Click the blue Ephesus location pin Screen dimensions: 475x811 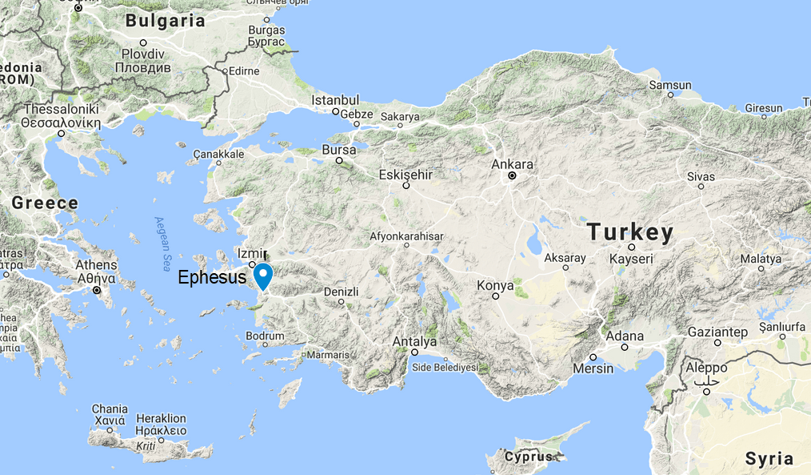(x=262, y=275)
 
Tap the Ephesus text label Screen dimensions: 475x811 (x=211, y=278)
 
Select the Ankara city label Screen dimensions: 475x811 (x=512, y=164)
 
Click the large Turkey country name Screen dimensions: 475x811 (x=630, y=232)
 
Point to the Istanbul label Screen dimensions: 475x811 (x=335, y=100)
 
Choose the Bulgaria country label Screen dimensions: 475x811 (x=166, y=21)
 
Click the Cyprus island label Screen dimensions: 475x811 (x=529, y=457)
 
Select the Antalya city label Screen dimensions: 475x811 (x=414, y=341)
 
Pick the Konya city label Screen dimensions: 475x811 (x=495, y=285)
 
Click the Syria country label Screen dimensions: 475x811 (x=769, y=459)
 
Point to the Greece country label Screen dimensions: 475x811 (x=45, y=203)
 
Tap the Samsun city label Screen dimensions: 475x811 (x=670, y=85)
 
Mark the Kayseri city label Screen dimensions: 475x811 (x=631, y=259)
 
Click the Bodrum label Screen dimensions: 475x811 (x=266, y=336)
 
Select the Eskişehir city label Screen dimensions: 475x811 (x=405, y=174)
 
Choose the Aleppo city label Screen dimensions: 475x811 (x=706, y=368)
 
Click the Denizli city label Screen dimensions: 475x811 (x=342, y=292)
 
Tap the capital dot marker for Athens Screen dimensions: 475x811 (x=98, y=291)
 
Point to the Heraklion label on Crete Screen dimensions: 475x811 (x=161, y=418)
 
